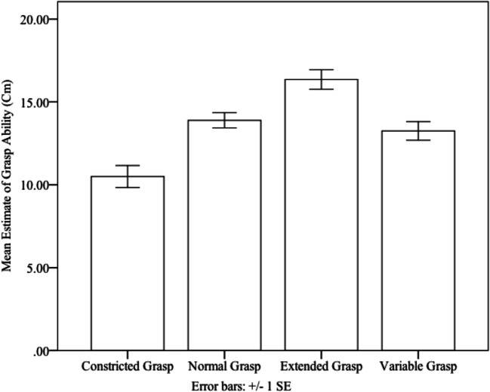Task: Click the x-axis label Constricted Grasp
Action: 128,367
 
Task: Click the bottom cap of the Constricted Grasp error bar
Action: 128,187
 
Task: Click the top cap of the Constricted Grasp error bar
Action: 128,165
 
